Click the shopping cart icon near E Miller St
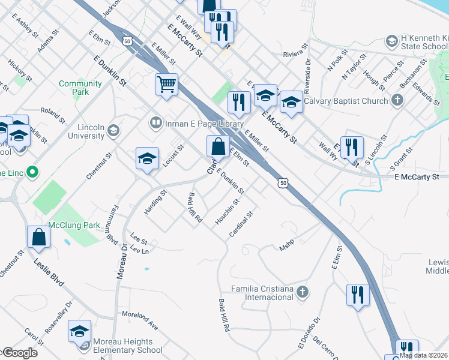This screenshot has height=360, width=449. [x=166, y=84]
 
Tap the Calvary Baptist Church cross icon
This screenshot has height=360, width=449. [x=397, y=101]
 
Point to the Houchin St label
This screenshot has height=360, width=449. [x=228, y=213]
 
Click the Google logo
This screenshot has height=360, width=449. [x=19, y=353]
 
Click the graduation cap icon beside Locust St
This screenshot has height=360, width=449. [x=147, y=159]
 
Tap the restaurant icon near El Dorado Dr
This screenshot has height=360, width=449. [x=358, y=295]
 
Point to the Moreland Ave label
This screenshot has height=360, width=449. [x=139, y=320]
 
